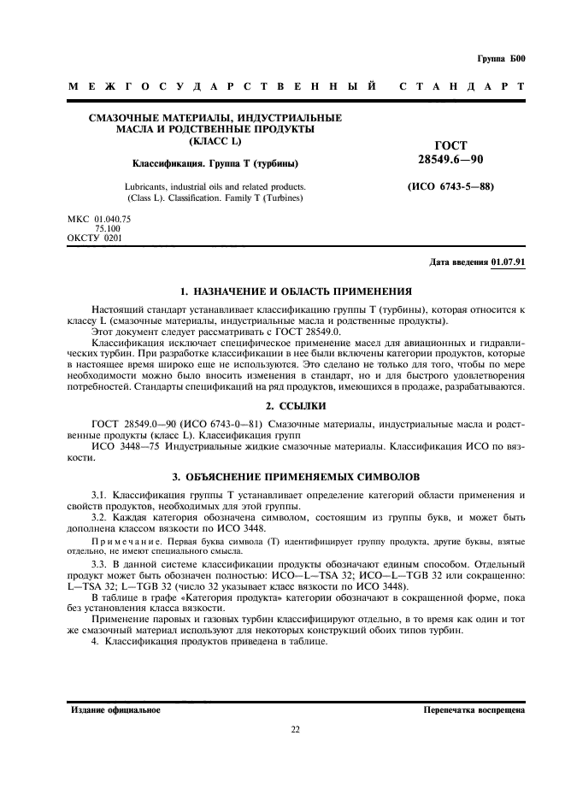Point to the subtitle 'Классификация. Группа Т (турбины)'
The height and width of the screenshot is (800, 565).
[215, 162]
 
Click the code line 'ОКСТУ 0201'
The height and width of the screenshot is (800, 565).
[94, 238]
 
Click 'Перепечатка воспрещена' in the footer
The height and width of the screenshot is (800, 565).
[474, 710]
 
